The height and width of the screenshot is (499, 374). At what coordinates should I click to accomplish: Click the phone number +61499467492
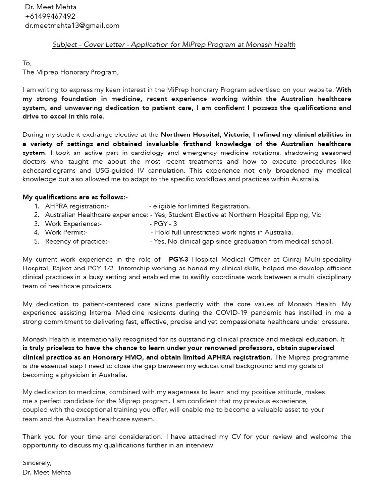(50, 16)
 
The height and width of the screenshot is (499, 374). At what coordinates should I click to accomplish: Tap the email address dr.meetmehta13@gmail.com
(72, 25)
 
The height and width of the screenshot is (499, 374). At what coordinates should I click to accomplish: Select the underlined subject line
(174, 44)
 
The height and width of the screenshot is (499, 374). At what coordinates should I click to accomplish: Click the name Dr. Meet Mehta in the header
(51, 7)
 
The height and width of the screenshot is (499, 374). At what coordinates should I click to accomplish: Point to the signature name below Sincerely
(46, 472)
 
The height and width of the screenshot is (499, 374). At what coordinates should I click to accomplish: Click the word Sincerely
(37, 463)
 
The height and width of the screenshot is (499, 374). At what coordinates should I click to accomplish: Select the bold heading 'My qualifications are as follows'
(75, 197)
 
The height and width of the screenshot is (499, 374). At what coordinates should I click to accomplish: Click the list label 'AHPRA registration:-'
(77, 206)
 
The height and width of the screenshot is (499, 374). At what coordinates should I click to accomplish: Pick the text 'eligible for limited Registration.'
(202, 206)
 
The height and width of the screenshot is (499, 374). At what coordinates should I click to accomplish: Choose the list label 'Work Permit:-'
(66, 232)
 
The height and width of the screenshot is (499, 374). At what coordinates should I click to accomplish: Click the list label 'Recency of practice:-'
(77, 241)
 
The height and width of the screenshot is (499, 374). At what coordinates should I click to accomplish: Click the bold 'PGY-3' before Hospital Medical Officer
(179, 259)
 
